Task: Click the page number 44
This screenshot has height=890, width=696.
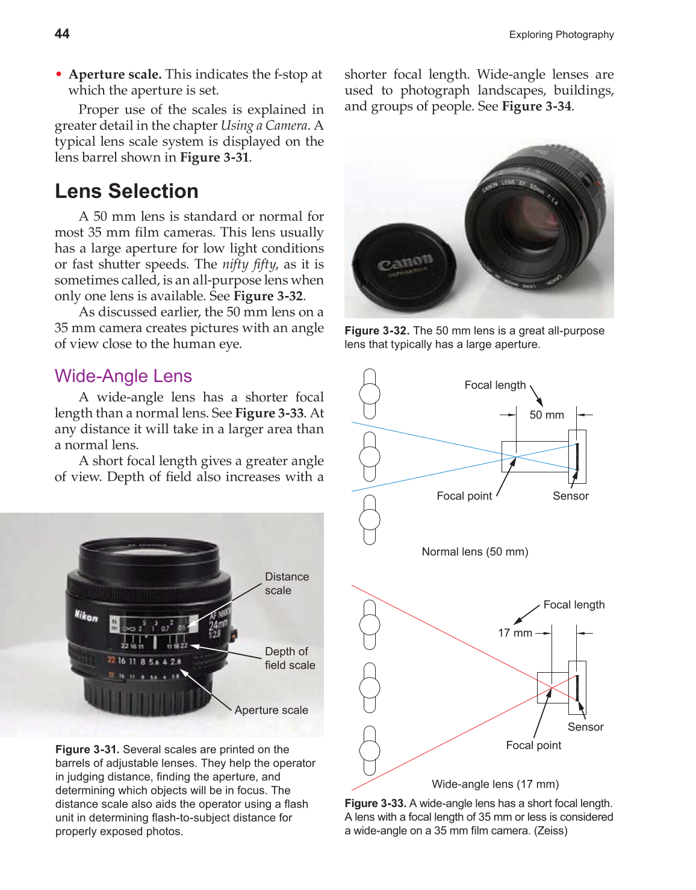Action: [x=62, y=34]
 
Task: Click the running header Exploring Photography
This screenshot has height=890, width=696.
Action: [x=561, y=35]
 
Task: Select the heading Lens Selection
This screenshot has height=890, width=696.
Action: [x=126, y=191]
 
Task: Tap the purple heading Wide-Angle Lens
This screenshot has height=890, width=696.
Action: [x=123, y=376]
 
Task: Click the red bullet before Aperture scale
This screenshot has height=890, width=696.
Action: [x=59, y=75]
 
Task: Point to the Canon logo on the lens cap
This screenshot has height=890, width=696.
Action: [x=405, y=264]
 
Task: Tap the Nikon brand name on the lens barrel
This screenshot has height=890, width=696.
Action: [x=86, y=615]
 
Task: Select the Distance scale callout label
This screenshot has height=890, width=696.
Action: [x=287, y=583]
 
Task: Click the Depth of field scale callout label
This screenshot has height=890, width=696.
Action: [x=290, y=658]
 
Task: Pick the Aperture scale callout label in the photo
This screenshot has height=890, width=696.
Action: [x=271, y=710]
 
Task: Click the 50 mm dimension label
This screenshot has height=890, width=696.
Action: [x=547, y=415]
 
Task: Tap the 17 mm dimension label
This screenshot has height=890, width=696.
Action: [x=515, y=633]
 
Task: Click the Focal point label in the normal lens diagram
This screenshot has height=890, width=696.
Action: [x=464, y=496]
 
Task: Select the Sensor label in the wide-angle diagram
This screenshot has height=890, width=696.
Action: [x=585, y=727]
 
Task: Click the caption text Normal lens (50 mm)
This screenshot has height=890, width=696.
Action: [x=474, y=552]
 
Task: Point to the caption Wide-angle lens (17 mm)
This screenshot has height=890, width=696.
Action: [x=495, y=784]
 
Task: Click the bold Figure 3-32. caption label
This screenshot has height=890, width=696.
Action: [x=377, y=331]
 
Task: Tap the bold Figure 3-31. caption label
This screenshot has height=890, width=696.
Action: [x=87, y=749]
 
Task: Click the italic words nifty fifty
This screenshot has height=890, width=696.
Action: [x=249, y=264]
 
